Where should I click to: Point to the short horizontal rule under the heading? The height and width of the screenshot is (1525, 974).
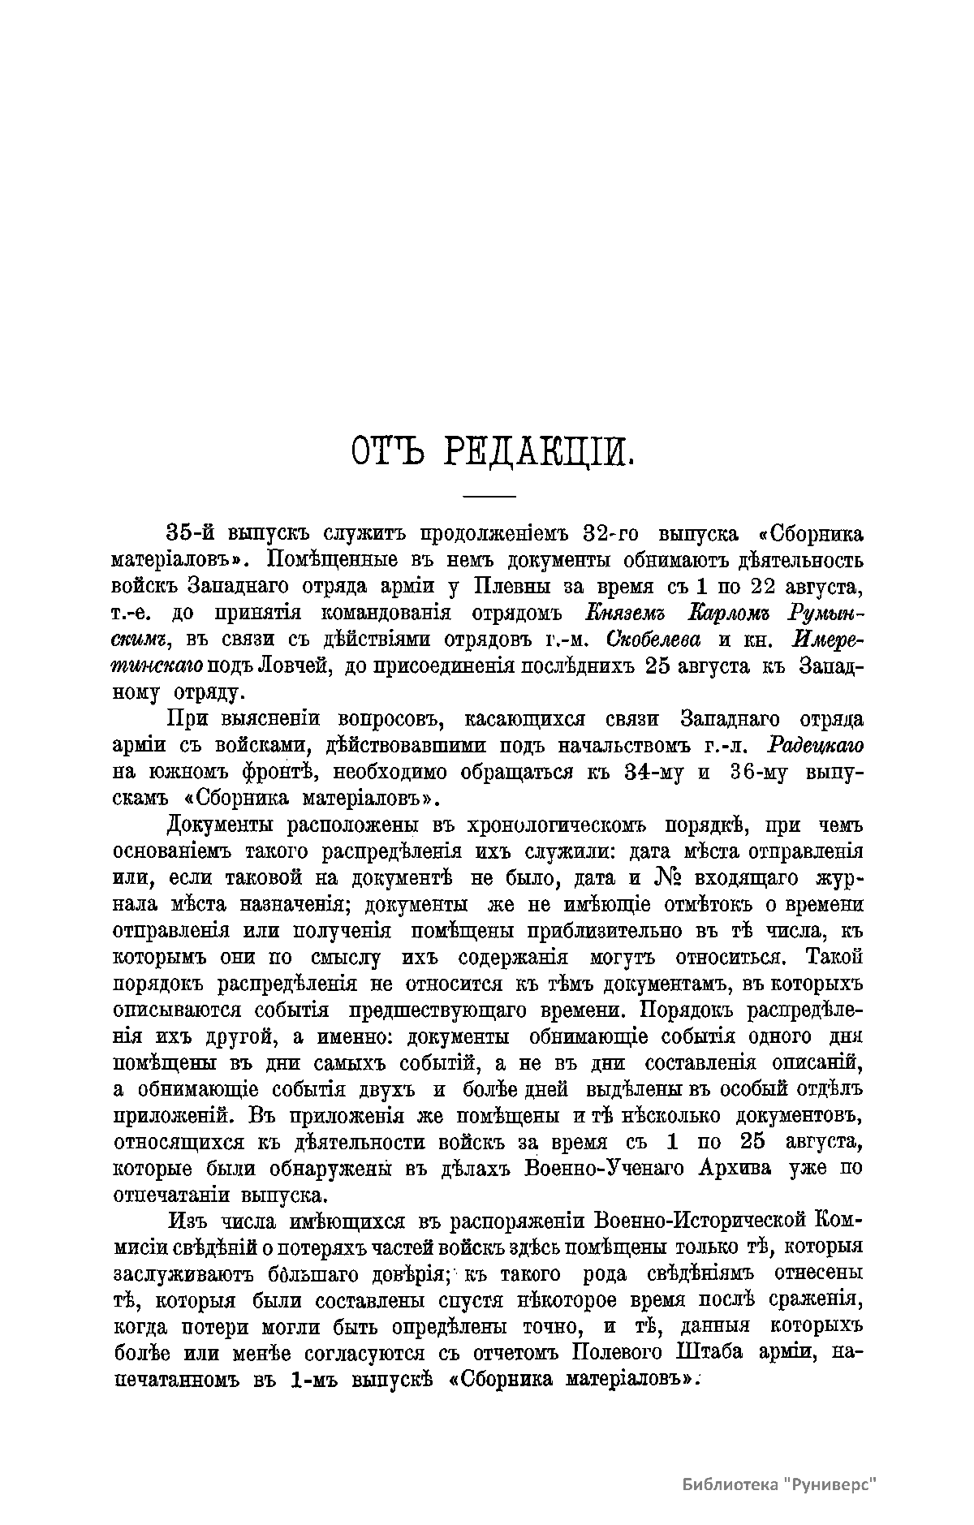(489, 497)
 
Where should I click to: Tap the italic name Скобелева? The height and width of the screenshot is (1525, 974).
(653, 639)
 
